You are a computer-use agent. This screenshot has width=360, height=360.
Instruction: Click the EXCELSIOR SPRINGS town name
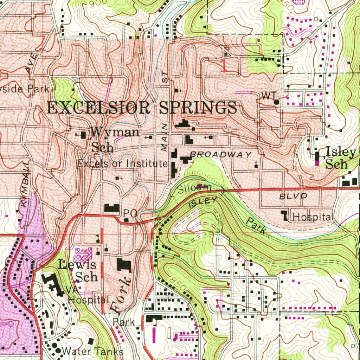click(141, 108)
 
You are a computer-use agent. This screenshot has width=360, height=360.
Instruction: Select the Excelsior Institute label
click(122, 163)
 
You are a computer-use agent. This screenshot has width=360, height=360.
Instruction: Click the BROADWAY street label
click(221, 155)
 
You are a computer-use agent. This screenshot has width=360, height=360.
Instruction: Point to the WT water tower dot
click(277, 102)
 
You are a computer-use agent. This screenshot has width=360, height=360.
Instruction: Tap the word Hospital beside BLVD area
click(312, 217)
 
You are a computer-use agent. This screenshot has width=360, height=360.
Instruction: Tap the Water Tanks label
click(92, 351)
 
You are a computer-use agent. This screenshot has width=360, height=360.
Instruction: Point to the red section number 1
click(224, 66)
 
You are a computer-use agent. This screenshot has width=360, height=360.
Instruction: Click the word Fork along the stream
click(121, 295)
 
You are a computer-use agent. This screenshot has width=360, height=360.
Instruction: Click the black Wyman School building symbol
click(83, 135)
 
